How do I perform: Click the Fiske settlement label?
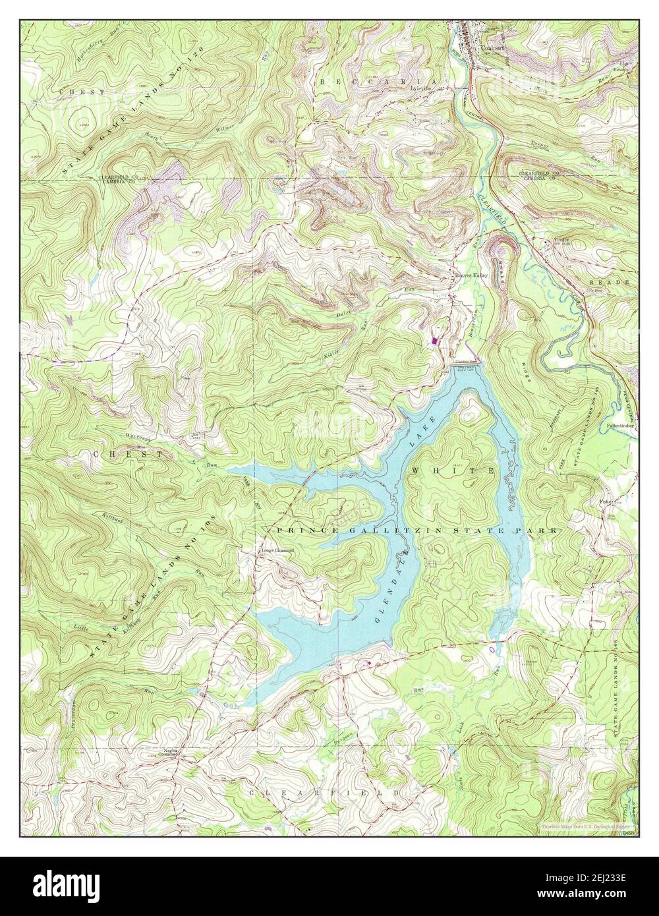click(x=606, y=501)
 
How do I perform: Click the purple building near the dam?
click(x=434, y=341)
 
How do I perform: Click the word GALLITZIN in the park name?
click(x=378, y=530)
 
